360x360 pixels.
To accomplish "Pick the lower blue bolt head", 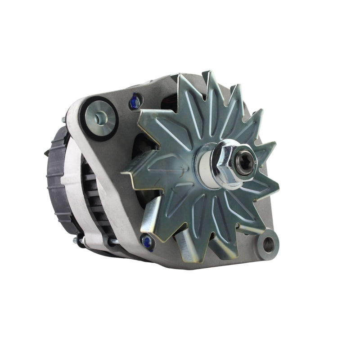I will [147, 242].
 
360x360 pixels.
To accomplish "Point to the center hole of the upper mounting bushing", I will [100, 118].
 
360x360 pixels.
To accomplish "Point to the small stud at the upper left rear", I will [63, 120].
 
